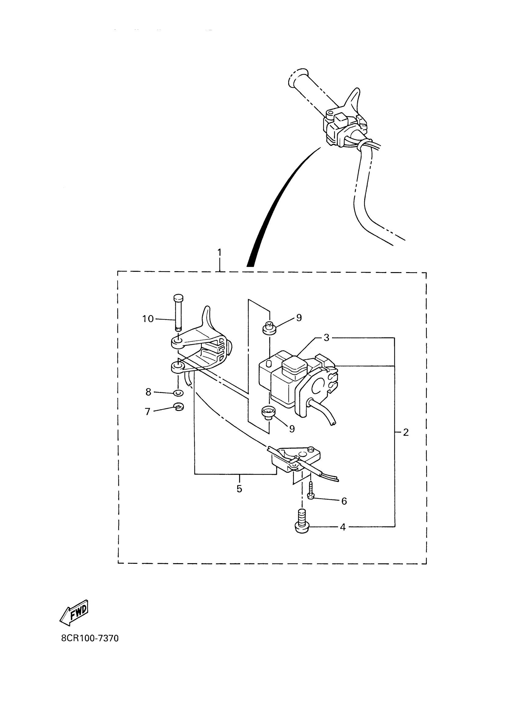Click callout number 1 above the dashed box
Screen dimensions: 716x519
[219, 253]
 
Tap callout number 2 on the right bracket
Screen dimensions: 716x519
[406, 432]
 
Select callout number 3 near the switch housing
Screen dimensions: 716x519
[326, 338]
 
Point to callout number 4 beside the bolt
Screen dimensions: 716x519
[343, 527]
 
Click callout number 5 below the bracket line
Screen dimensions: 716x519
[239, 489]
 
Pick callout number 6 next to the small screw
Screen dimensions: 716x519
[344, 501]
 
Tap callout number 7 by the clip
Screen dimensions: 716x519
[147, 412]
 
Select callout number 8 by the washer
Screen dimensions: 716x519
[148, 392]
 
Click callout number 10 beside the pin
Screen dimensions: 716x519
[148, 319]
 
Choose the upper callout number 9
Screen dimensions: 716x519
[299, 318]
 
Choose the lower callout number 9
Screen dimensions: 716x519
[292, 428]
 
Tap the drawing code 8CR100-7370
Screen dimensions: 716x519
[90, 638]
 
